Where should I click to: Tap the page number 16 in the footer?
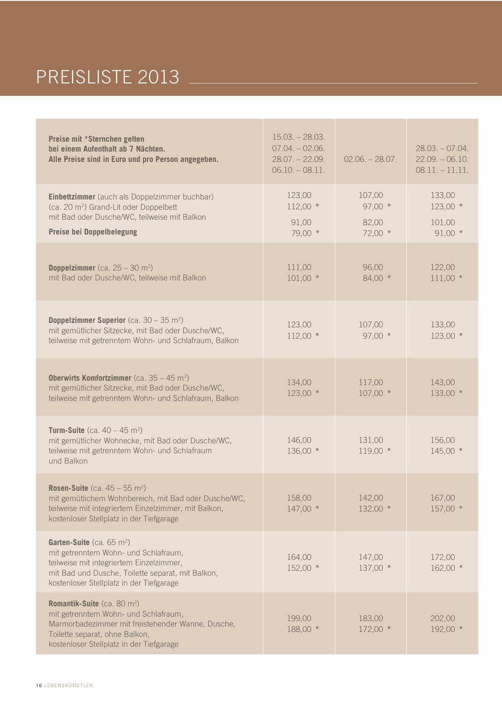39,685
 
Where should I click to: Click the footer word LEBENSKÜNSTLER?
69,685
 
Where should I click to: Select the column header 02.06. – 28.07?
370,159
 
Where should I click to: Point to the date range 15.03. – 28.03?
298,137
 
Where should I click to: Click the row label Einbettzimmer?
72,197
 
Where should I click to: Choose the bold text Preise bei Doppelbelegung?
93,232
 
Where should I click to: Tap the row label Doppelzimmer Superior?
87,320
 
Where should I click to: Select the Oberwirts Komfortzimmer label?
90,378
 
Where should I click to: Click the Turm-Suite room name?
67,430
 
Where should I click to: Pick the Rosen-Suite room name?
68,488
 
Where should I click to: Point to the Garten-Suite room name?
69,542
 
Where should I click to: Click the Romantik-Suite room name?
73,603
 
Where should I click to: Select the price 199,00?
299,618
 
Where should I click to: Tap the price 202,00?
443,618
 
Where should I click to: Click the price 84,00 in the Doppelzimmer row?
373,278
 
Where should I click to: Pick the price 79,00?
301,233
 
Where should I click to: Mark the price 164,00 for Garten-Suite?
299,557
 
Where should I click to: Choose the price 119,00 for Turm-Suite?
371,451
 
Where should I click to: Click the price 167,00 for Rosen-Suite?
443,498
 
